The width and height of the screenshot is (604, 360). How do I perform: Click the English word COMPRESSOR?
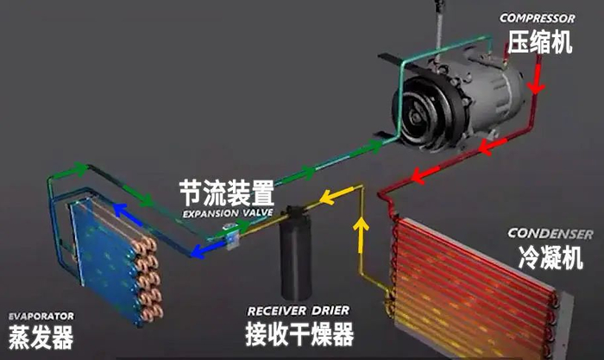tap(538, 18)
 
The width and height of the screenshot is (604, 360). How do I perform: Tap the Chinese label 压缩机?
tap(539, 42)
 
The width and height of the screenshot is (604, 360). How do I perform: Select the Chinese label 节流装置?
tap(226, 192)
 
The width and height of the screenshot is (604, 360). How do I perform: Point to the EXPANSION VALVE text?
tap(228, 212)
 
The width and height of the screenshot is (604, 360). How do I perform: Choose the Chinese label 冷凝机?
tap(551, 257)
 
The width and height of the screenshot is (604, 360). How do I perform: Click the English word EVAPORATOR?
tap(41, 316)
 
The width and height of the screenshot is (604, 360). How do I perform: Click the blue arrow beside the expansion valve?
tap(204, 249)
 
